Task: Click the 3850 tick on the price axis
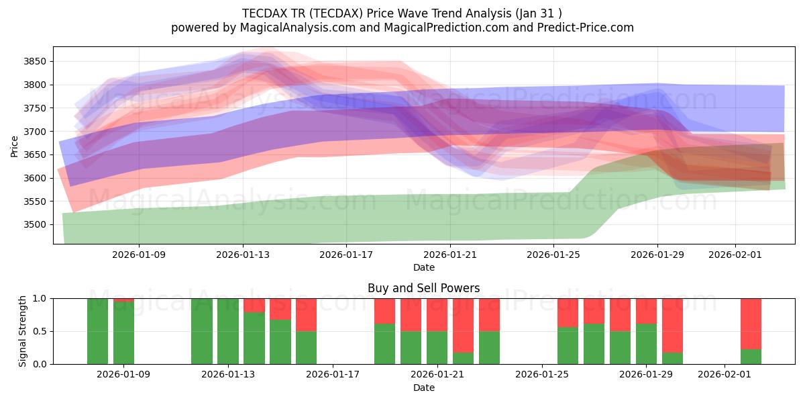click(36, 61)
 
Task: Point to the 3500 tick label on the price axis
click(36, 225)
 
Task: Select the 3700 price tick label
click(36, 132)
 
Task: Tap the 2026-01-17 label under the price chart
click(346, 255)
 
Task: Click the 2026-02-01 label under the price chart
click(735, 255)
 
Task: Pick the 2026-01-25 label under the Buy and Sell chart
click(541, 375)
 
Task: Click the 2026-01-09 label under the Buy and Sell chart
click(124, 375)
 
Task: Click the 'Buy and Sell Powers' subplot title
click(423, 288)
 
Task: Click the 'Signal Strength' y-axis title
click(23, 331)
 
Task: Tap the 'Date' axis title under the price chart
click(423, 267)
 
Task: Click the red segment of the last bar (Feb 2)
click(751, 323)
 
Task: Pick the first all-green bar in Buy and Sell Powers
click(98, 331)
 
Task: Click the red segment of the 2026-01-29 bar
click(646, 311)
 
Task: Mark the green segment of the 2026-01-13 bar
click(228, 331)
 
